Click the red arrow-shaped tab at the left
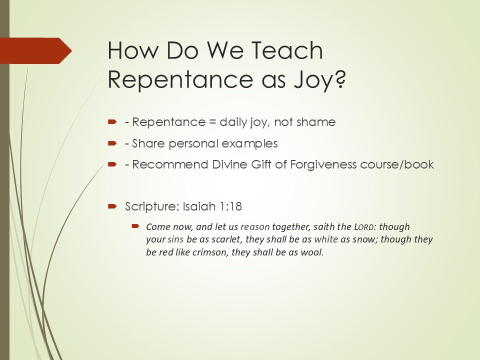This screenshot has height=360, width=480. (x=36, y=51)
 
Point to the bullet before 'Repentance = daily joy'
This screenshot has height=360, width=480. (x=112, y=122)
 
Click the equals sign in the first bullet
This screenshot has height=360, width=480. (x=212, y=122)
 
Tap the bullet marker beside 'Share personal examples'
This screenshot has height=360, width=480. (x=112, y=143)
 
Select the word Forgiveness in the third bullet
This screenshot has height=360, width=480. (x=323, y=164)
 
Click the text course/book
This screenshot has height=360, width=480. (x=397, y=164)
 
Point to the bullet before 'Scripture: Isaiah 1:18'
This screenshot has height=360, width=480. (x=112, y=206)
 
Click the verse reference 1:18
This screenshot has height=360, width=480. (x=231, y=206)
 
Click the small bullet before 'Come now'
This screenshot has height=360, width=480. (x=135, y=226)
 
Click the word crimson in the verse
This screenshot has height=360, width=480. (x=209, y=252)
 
